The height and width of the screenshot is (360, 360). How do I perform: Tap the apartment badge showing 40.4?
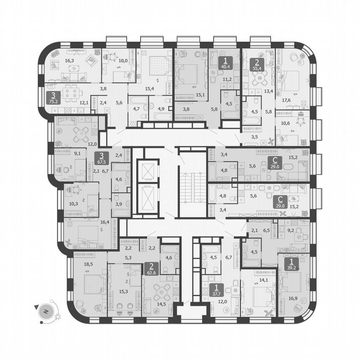225,62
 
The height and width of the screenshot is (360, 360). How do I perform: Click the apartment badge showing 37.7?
217,290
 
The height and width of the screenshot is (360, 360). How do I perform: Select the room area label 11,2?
227,79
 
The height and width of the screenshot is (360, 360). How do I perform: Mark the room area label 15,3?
123,292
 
